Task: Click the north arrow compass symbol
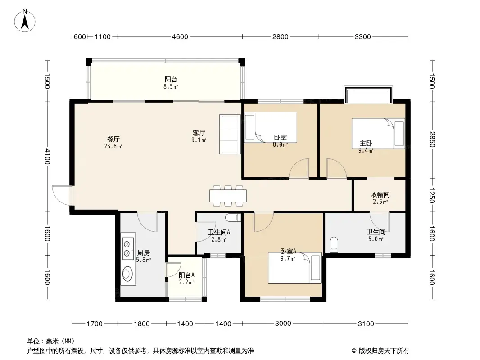point(25,21)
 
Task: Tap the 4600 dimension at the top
point(180,37)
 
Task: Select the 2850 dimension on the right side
point(432,139)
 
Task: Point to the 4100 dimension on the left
point(47,156)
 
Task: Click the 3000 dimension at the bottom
point(283,323)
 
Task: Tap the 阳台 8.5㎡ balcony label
point(171,83)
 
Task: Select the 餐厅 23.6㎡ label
point(113,143)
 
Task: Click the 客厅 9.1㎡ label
point(199,136)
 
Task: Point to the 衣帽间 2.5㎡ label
point(380,198)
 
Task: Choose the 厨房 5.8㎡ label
point(143,256)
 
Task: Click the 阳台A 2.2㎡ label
point(186,279)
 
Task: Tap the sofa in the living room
point(230,134)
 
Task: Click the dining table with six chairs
point(228,196)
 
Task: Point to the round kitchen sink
point(127,274)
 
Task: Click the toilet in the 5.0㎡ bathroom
point(334,245)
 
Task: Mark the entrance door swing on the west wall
point(62,195)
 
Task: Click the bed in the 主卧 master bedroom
point(378,134)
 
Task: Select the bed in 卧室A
point(294,268)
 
